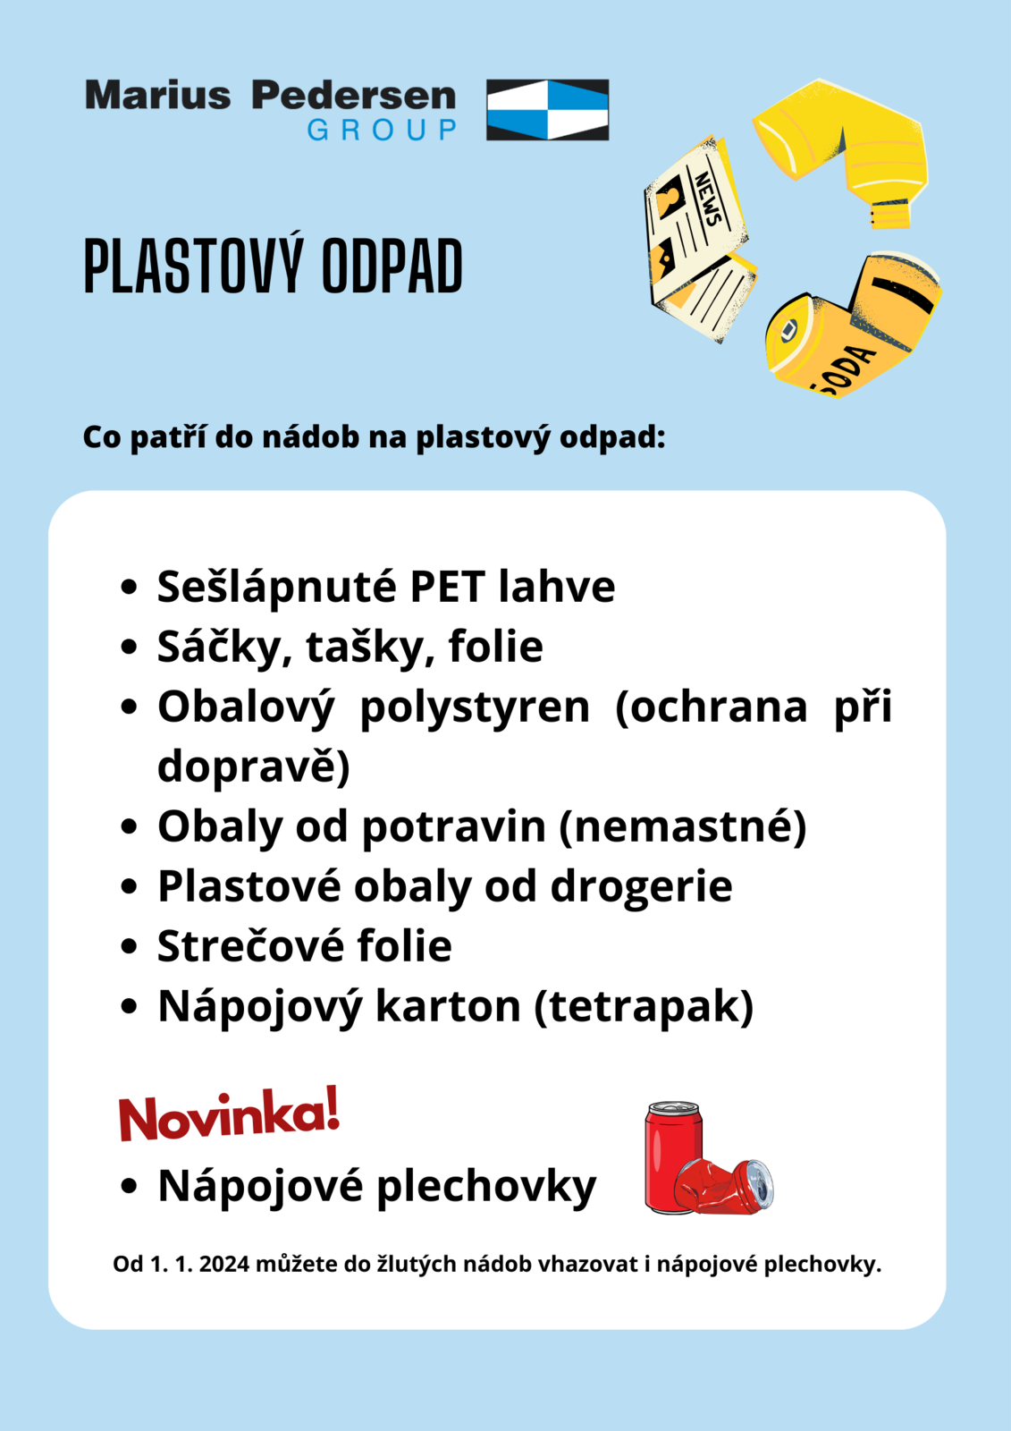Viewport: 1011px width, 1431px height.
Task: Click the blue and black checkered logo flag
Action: click(x=547, y=109)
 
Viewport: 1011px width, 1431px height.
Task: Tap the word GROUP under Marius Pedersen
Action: click(x=382, y=131)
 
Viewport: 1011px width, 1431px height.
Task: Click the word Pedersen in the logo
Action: click(x=353, y=95)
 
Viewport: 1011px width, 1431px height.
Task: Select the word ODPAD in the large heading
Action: click(x=392, y=267)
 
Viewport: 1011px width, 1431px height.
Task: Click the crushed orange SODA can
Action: click(x=849, y=326)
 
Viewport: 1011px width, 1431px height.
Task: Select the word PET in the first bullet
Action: click(x=447, y=587)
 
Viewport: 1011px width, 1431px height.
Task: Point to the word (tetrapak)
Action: click(x=644, y=1006)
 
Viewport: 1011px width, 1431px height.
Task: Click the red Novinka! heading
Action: click(x=229, y=1114)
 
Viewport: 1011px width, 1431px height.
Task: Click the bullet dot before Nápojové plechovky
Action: click(x=129, y=1187)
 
